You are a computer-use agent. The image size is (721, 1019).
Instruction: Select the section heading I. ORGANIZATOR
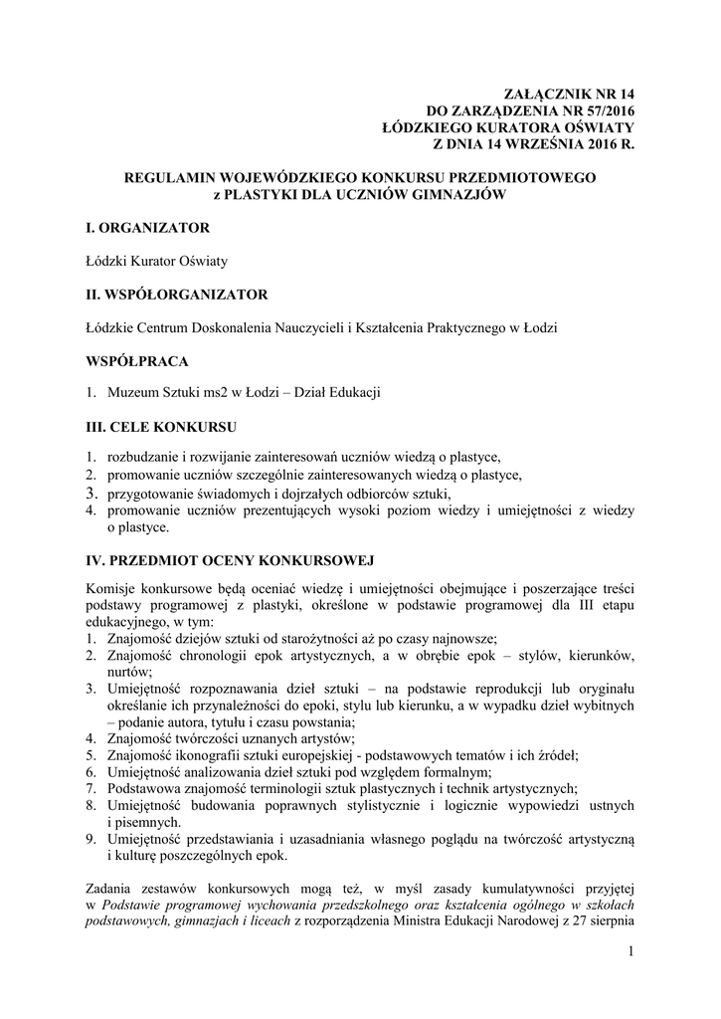point(148,228)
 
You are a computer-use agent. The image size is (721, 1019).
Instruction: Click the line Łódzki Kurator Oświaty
point(157,261)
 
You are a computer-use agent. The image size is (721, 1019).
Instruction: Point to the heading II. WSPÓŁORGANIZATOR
point(177,294)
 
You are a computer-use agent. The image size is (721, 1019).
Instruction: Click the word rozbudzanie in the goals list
point(144,458)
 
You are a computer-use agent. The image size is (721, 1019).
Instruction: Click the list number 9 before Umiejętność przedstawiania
point(90,839)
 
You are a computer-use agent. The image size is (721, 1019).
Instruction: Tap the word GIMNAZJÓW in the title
point(452,195)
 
